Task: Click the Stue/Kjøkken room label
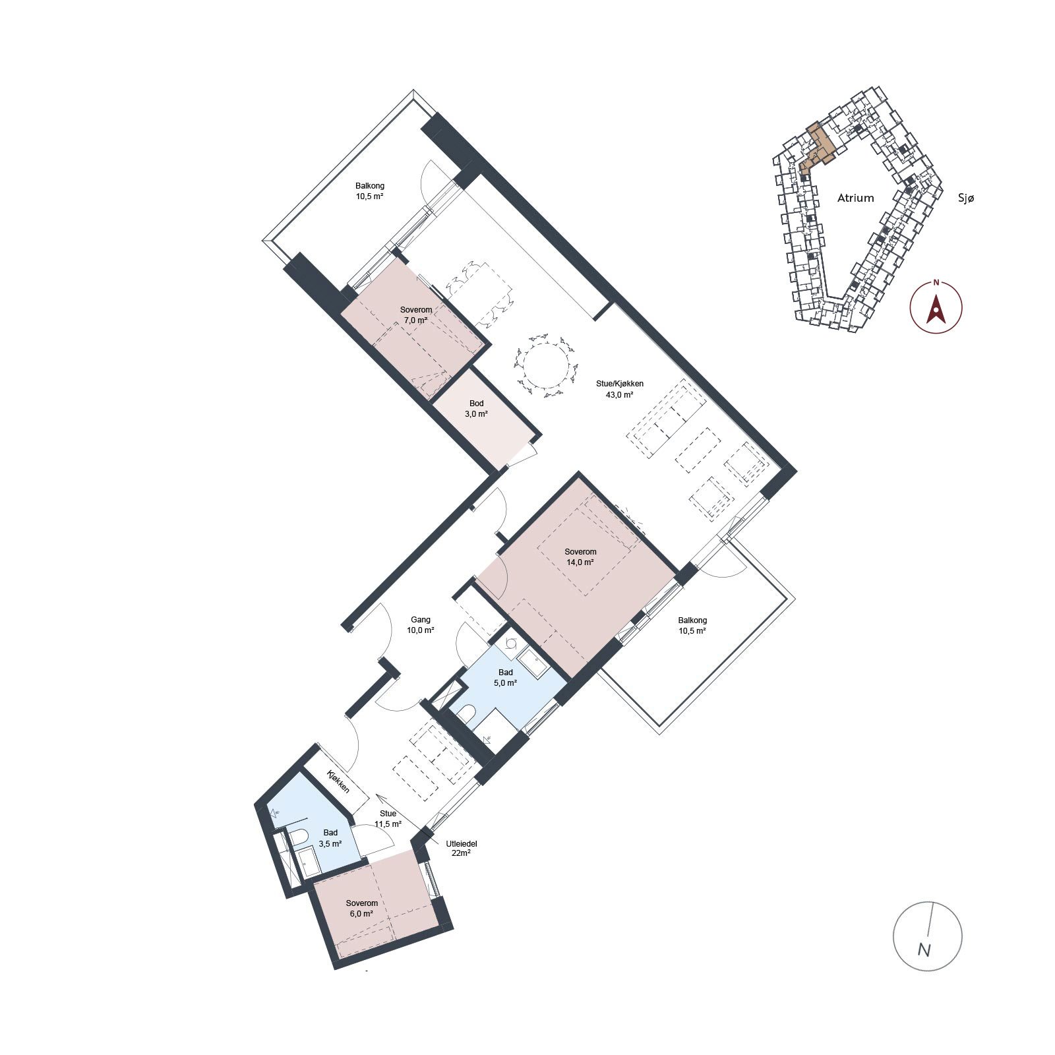pyautogui.click(x=619, y=384)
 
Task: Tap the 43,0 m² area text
pyautogui.click(x=619, y=395)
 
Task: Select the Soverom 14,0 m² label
pyautogui.click(x=580, y=557)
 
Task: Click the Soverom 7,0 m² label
pyautogui.click(x=416, y=315)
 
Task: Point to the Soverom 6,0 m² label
pyautogui.click(x=361, y=909)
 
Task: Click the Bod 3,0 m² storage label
pyautogui.click(x=476, y=409)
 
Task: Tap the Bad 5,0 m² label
pyautogui.click(x=505, y=678)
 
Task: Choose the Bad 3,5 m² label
pyautogui.click(x=330, y=838)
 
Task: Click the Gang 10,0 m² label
pyautogui.click(x=421, y=624)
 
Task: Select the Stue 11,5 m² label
pyautogui.click(x=388, y=819)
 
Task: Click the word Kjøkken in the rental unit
pyautogui.click(x=338, y=781)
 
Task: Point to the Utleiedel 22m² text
pyautogui.click(x=462, y=848)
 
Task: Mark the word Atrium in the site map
pyautogui.click(x=855, y=198)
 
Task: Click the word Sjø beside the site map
pyautogui.click(x=965, y=197)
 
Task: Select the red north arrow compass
pyautogui.click(x=936, y=307)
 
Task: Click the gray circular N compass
pyautogui.click(x=927, y=935)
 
